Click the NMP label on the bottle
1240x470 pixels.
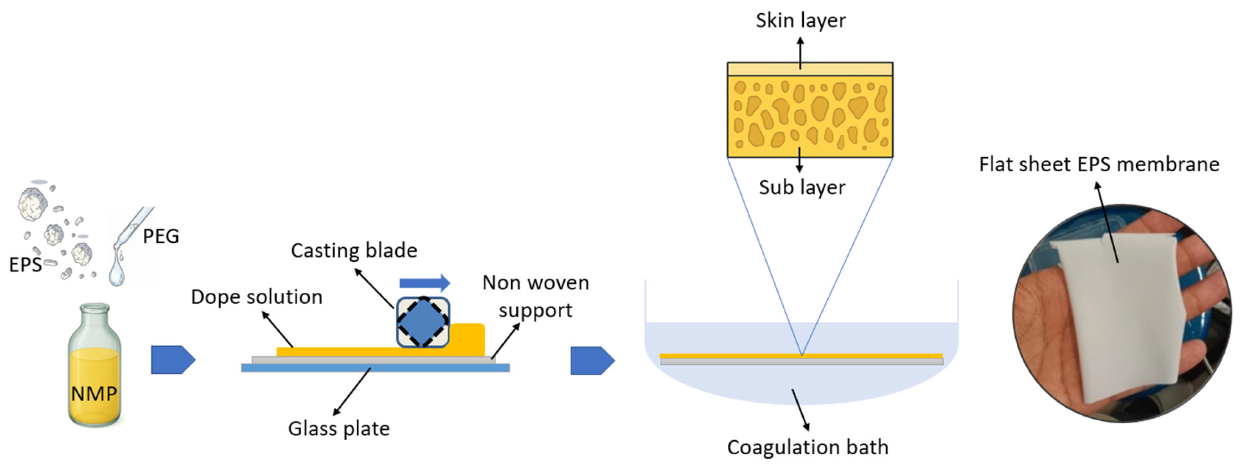point(94,394)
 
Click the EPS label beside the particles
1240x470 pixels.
point(25,265)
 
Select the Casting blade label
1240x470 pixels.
point(354,250)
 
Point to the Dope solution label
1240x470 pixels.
point(257,297)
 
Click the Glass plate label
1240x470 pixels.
point(339,428)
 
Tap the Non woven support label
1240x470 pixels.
point(536,296)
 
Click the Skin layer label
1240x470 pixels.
point(801,20)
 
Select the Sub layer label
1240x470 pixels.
point(802,187)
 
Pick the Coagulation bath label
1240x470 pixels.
point(808,447)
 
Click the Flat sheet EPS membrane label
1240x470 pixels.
point(1099,164)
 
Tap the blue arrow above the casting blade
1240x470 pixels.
point(425,283)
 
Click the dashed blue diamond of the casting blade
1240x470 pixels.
point(423,322)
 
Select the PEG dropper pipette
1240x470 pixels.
point(132,229)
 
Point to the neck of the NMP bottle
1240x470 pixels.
point(94,317)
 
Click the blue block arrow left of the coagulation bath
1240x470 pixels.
point(593,360)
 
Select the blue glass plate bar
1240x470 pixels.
point(376,368)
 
